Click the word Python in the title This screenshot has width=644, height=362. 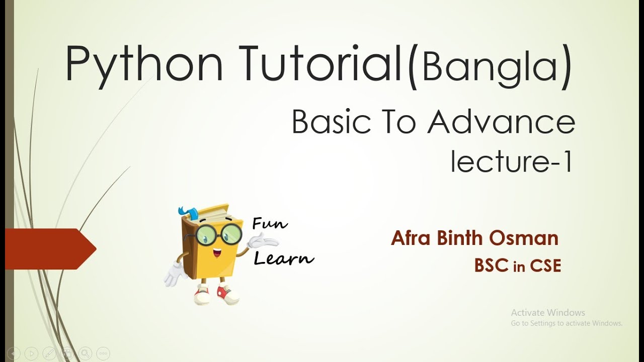[144, 64]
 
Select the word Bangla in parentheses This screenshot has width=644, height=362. [489, 66]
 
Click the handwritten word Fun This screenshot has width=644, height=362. [270, 224]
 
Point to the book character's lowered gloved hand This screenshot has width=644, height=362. [174, 275]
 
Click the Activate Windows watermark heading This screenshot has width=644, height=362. [548, 313]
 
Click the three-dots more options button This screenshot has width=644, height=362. [103, 353]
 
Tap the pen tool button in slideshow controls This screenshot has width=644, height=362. [49, 353]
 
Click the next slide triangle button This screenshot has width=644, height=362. [31, 353]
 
